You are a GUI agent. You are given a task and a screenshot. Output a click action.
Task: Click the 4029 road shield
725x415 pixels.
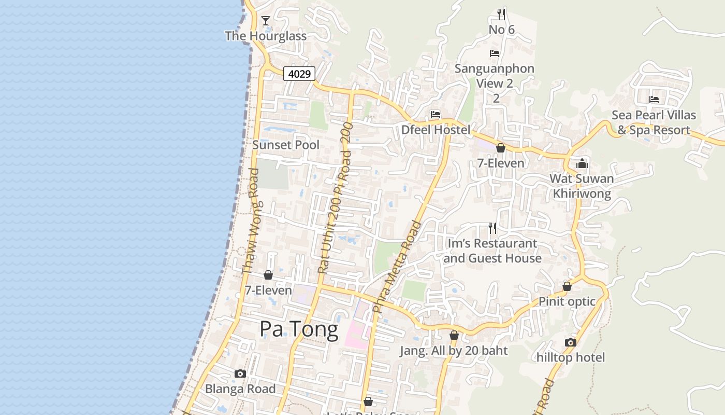tap(299, 74)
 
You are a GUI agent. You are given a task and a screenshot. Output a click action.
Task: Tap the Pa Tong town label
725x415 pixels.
tap(299, 329)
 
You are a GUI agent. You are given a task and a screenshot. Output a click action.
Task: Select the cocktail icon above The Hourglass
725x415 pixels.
tap(266, 21)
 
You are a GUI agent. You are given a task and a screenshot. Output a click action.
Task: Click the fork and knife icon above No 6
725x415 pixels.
tap(501, 14)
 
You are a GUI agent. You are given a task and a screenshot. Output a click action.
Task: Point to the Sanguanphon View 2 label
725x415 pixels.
tap(494, 76)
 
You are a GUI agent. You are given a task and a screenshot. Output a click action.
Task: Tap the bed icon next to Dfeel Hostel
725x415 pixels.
tap(435, 115)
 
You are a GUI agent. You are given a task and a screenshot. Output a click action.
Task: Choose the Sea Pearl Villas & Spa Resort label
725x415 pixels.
tap(654, 122)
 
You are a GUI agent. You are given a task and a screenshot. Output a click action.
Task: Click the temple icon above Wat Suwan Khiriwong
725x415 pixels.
tap(582, 164)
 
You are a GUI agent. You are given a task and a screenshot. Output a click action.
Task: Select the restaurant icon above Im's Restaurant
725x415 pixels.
tap(492, 228)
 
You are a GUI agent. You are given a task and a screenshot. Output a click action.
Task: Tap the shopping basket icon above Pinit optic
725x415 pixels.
tap(567, 287)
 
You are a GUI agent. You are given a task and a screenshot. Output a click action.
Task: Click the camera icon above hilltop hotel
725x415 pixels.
tap(571, 342)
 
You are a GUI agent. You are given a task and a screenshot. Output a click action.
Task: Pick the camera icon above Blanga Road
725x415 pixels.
tap(240, 374)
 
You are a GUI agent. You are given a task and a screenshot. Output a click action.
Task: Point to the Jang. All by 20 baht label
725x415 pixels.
tap(454, 351)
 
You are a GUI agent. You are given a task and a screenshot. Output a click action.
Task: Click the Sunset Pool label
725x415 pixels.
tap(286, 145)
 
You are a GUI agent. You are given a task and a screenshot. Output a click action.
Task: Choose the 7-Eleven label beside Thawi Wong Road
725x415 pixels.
tap(268, 290)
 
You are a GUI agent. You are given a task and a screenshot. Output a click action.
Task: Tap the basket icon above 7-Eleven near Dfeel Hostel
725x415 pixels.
tap(500, 148)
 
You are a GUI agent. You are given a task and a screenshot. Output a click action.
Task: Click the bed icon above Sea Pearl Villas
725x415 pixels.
tap(654, 99)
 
